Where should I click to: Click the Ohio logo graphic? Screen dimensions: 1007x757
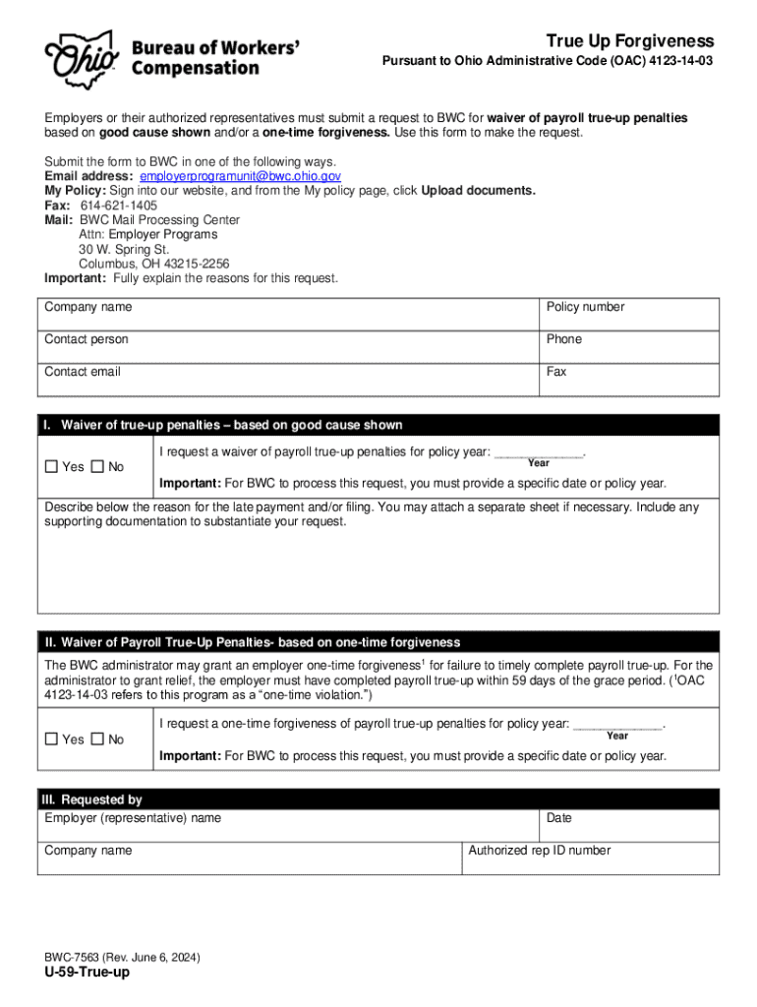[78, 56]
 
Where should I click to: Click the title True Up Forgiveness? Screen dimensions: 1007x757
[630, 41]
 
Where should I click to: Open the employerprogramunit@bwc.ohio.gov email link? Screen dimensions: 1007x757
[241, 176]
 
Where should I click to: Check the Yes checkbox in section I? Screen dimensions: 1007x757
[52, 467]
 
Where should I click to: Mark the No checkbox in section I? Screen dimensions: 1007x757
[97, 467]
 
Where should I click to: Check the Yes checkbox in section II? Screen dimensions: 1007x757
[52, 740]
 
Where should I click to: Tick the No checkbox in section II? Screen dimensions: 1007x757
[97, 740]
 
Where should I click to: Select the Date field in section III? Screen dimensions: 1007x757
[629, 825]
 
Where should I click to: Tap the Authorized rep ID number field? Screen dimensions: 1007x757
[590, 858]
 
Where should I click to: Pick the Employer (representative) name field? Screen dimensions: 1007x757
[290, 825]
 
